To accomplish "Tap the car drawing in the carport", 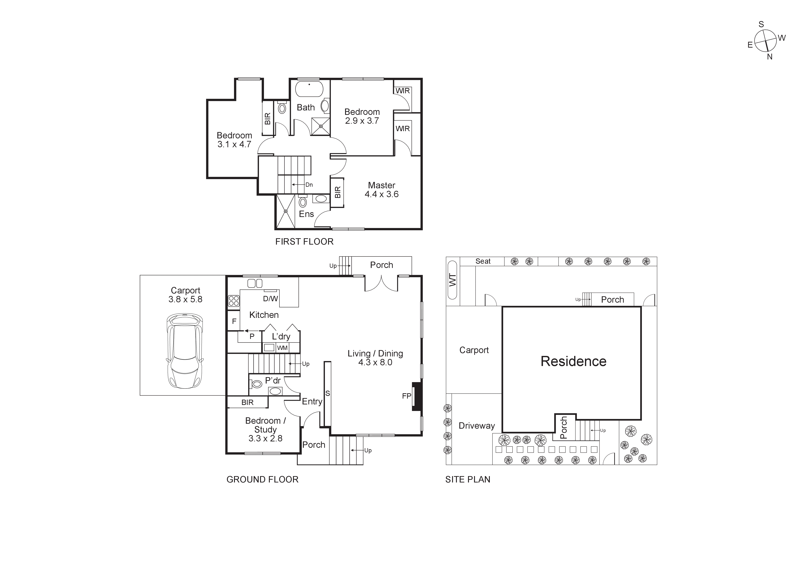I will [185, 351].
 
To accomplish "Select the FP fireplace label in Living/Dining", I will [407, 396].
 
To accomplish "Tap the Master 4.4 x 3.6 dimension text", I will [381, 194].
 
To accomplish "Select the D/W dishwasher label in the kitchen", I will [270, 299].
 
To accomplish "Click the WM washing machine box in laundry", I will [282, 348].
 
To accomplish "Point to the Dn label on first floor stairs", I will [309, 185].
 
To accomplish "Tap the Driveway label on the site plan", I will [477, 426].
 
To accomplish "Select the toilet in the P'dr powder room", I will [256, 384].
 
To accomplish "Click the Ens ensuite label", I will [306, 214].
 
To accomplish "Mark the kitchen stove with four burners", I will [234, 301].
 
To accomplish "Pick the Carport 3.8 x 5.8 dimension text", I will [185, 299].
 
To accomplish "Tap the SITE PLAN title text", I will [468, 479].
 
